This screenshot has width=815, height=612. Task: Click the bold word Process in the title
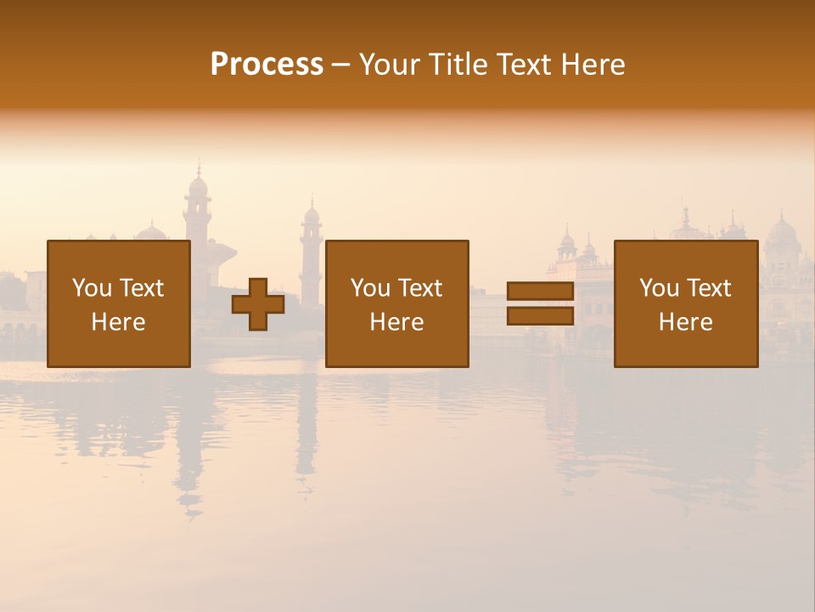point(267,65)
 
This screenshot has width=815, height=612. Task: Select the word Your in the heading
point(391,65)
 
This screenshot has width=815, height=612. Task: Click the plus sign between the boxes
point(258,304)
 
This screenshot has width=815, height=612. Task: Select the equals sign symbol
point(540,303)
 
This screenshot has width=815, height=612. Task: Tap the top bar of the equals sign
point(540,292)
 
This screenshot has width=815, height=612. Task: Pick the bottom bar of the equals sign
point(540,316)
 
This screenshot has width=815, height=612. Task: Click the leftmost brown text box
point(118,303)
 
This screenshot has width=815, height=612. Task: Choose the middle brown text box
point(396,303)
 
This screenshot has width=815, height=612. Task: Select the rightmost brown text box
point(685,303)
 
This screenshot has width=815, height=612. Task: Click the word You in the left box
point(92,288)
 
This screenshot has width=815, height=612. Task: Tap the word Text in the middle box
point(419,288)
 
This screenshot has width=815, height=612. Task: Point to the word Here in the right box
point(685,322)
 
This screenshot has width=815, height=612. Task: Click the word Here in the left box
point(118,322)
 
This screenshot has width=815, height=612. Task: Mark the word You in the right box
point(659,288)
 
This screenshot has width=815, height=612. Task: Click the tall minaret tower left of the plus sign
point(198,212)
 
